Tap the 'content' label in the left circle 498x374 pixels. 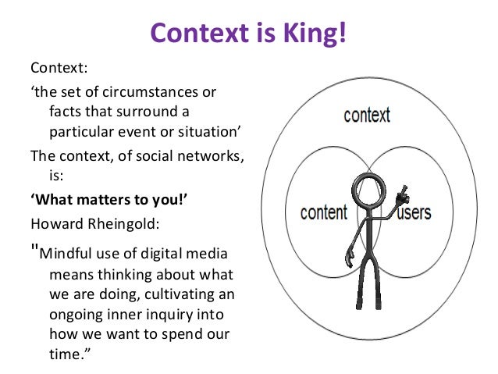(x=322, y=212)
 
